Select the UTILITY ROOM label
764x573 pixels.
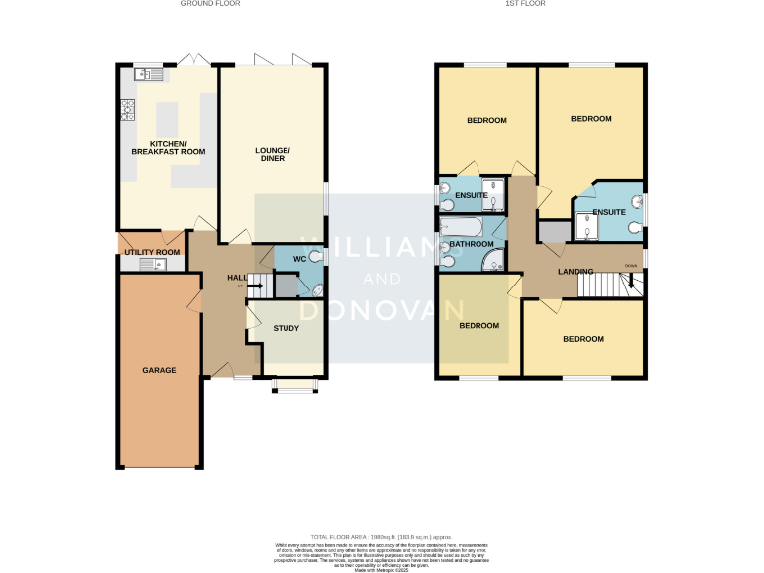pyautogui.click(x=152, y=252)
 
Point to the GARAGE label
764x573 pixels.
pyautogui.click(x=159, y=370)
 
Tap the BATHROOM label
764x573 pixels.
pyautogui.click(x=471, y=244)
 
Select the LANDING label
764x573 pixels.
pyautogui.click(x=576, y=271)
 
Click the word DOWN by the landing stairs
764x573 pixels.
pyautogui.click(x=630, y=265)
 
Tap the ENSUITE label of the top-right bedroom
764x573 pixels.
pyautogui.click(x=608, y=212)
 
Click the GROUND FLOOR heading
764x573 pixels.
pyautogui.click(x=210, y=4)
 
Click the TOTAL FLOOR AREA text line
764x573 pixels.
pyautogui.click(x=382, y=535)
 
